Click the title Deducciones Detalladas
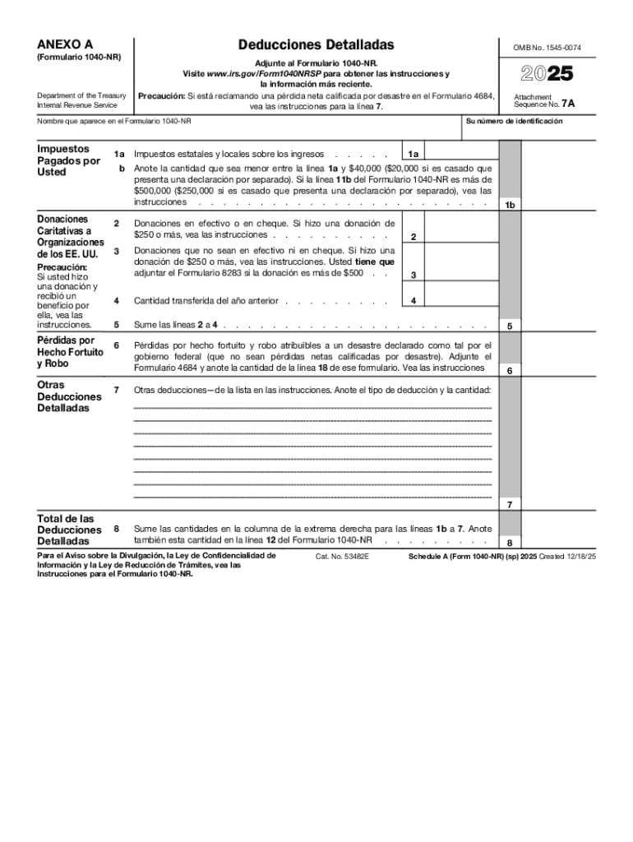click(x=316, y=44)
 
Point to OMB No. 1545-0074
click(x=548, y=48)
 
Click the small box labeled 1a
click(x=414, y=154)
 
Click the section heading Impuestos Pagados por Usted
click(x=68, y=160)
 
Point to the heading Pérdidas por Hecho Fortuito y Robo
click(x=70, y=352)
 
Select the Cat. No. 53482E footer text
click(x=343, y=557)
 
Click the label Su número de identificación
click(x=514, y=121)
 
